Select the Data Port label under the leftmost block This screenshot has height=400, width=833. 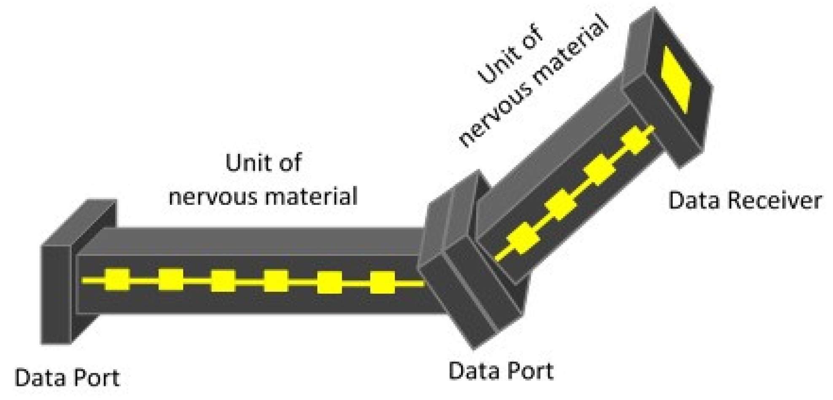pyautogui.click(x=67, y=378)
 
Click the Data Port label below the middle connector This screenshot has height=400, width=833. pyautogui.click(x=501, y=371)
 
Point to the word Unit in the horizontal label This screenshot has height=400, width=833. pyautogui.click(x=244, y=163)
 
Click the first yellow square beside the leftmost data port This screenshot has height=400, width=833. pyautogui.click(x=116, y=280)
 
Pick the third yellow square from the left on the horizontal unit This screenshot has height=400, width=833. pyautogui.click(x=223, y=281)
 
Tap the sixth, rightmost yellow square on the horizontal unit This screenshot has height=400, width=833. pyautogui.click(x=382, y=282)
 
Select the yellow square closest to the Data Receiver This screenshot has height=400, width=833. pyautogui.click(x=636, y=141)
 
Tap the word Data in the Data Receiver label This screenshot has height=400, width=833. pyautogui.click(x=690, y=201)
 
